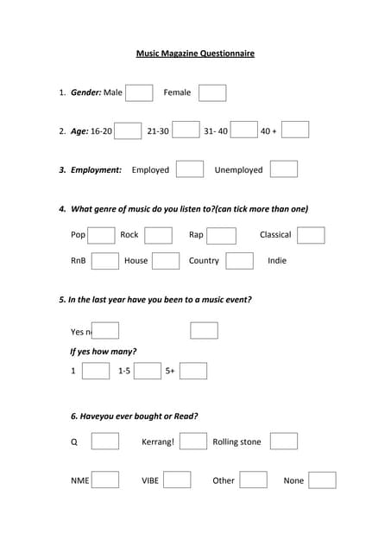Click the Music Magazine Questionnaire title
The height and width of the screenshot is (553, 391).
pos(195,54)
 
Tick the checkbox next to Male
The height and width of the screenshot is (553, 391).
pos(139,92)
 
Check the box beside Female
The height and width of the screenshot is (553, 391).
pos(212,92)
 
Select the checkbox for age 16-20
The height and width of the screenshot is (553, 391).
pos(128,130)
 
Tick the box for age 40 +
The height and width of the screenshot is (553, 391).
pos(295,130)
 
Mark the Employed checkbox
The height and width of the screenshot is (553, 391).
pos(190,169)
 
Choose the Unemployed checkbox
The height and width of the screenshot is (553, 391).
pos(284,169)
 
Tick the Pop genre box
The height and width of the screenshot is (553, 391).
pos(101,235)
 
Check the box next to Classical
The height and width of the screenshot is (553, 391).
pos(311,235)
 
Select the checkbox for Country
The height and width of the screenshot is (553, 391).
pos(240,261)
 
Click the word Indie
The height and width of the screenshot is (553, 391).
pos(277,261)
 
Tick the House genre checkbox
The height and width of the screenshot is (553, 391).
pos(166,261)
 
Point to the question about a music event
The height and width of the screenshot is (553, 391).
pos(155,300)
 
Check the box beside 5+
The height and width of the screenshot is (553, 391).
pos(193,371)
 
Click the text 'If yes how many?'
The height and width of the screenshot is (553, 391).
pos(103,352)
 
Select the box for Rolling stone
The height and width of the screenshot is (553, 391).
pos(284,442)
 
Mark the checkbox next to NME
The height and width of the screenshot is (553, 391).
pos(105,480)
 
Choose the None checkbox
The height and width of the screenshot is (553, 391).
pos(322,480)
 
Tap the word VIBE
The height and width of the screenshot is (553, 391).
pos(150,480)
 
